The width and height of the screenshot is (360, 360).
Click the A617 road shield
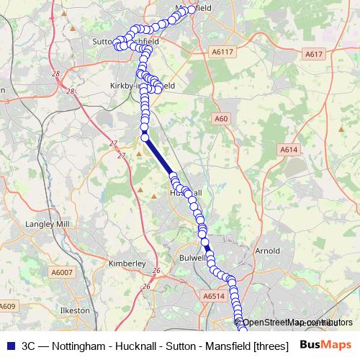tap(314, 54)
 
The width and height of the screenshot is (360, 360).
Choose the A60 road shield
tap(221, 118)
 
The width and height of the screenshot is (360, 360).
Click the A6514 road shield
tap(214, 295)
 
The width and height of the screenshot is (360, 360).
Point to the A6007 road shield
tap(63, 272)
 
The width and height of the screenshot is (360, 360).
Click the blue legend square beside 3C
tap(10, 344)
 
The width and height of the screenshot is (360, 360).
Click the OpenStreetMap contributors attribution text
tap(297, 322)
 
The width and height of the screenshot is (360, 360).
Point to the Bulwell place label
tap(194, 257)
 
